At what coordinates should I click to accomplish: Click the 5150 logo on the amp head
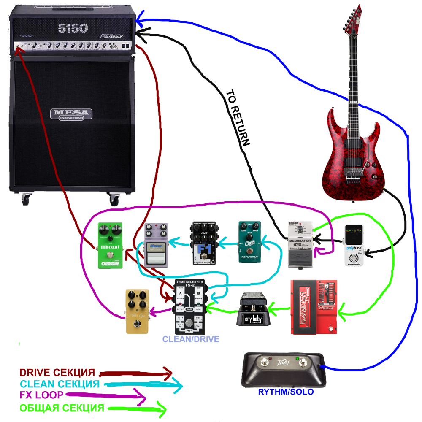73,29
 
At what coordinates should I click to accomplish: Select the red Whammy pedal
314,307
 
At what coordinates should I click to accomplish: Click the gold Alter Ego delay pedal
137,311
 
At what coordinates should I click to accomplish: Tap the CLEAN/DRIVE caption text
191,339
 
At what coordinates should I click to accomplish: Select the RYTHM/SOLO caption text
286,392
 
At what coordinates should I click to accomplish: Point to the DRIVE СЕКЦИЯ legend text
57,373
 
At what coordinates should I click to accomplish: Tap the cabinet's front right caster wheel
114,198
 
